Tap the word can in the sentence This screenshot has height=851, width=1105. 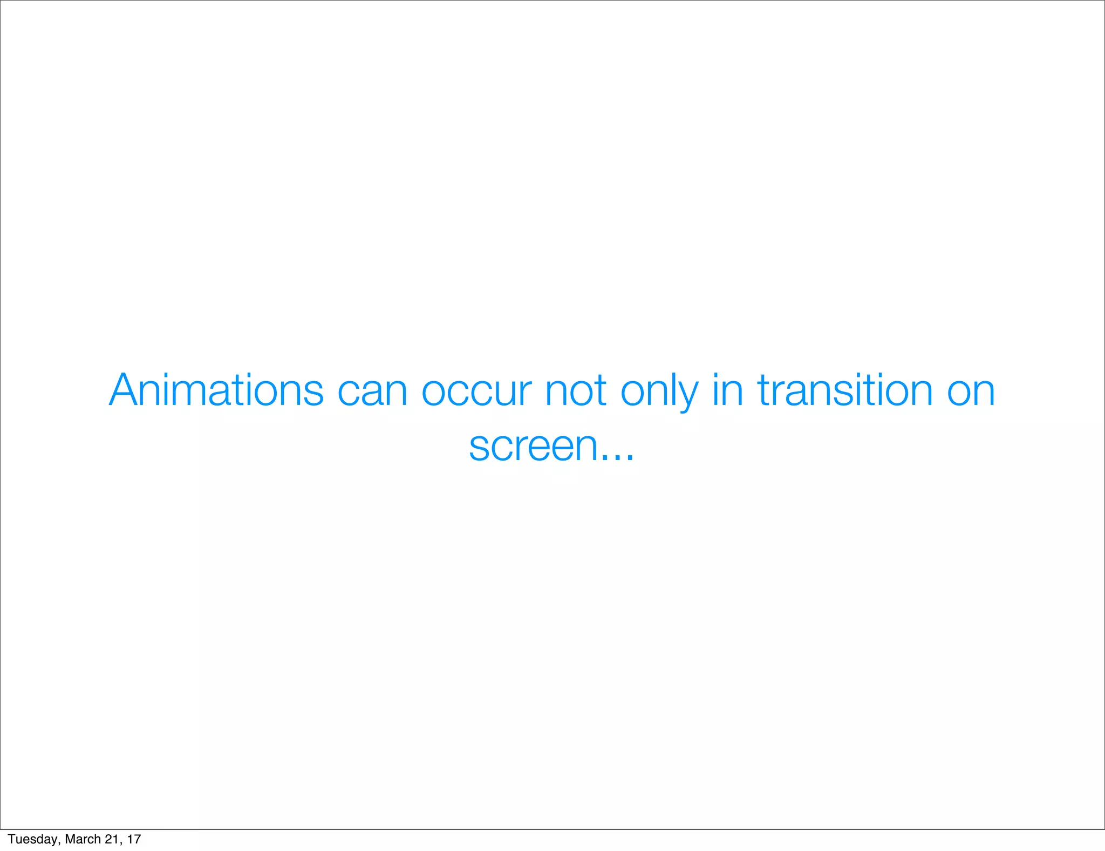point(372,391)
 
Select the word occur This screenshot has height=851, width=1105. point(476,391)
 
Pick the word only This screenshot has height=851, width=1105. point(659,391)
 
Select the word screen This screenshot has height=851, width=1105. point(534,447)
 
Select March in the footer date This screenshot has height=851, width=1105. point(83,839)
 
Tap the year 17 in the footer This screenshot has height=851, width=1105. point(134,839)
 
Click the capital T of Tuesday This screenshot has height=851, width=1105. point(11,839)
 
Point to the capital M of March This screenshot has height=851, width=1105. point(70,839)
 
